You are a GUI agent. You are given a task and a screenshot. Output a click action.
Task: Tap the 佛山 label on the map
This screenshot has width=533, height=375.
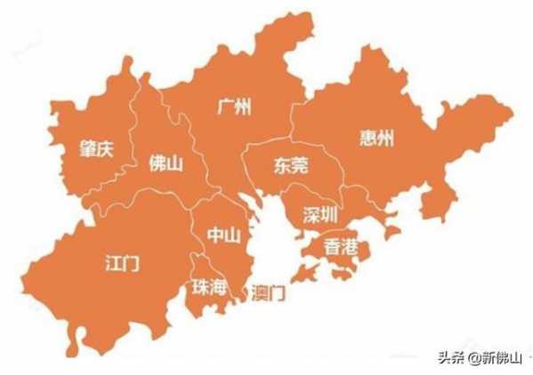click(x=166, y=164)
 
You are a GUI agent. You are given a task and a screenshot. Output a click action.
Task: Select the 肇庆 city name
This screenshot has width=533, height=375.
click(x=95, y=149)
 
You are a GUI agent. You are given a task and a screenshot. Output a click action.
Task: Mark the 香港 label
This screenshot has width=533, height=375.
click(x=342, y=246)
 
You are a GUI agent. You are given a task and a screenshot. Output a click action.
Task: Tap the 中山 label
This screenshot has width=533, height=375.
click(x=224, y=235)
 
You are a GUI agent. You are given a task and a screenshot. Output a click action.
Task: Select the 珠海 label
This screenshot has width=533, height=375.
click(x=208, y=286)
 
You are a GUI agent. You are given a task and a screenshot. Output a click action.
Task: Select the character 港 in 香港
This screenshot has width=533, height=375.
click(x=351, y=246)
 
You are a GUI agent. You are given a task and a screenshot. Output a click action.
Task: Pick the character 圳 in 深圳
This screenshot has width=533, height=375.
click(x=330, y=214)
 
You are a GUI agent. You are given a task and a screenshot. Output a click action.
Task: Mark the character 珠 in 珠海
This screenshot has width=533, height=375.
click(x=199, y=286)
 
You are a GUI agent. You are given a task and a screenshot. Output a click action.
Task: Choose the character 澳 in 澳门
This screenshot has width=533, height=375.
click(x=260, y=292)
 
